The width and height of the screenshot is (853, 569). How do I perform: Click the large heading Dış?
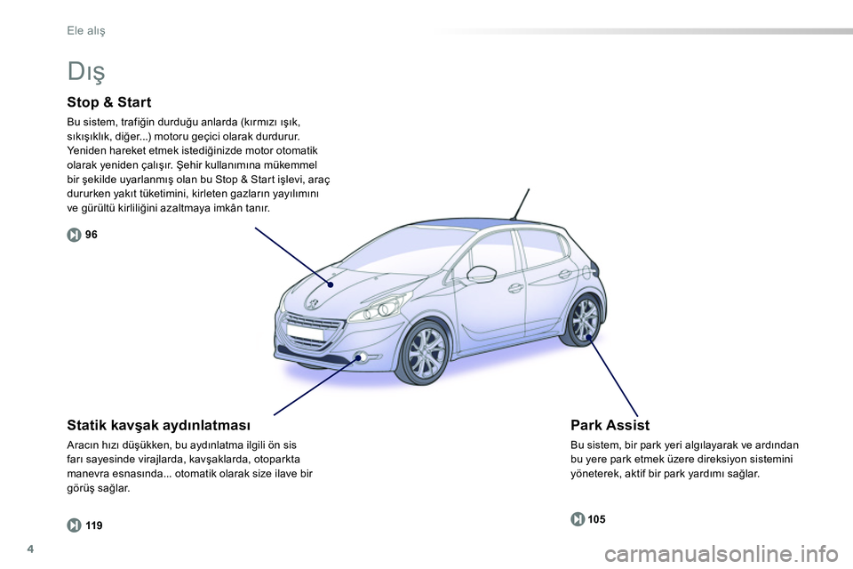coord(86,68)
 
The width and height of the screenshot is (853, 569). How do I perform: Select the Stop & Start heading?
coord(109,102)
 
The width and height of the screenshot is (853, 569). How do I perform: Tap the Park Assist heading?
coord(610,425)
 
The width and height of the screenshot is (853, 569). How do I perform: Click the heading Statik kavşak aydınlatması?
coord(158,425)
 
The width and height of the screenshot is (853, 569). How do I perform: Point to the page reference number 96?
coord(92,234)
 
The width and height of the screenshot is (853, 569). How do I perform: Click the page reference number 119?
coord(94,525)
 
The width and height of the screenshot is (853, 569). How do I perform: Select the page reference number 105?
coord(598,519)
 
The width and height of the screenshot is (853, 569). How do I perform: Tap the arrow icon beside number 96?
coord(74,234)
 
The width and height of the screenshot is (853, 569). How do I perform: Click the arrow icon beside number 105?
coord(578,519)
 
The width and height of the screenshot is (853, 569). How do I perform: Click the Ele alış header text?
coord(86,31)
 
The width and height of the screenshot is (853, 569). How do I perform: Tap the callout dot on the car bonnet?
coord(329,284)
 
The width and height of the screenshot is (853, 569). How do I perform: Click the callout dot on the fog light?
coord(362,357)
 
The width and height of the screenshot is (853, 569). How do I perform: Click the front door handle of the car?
coord(515,288)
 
